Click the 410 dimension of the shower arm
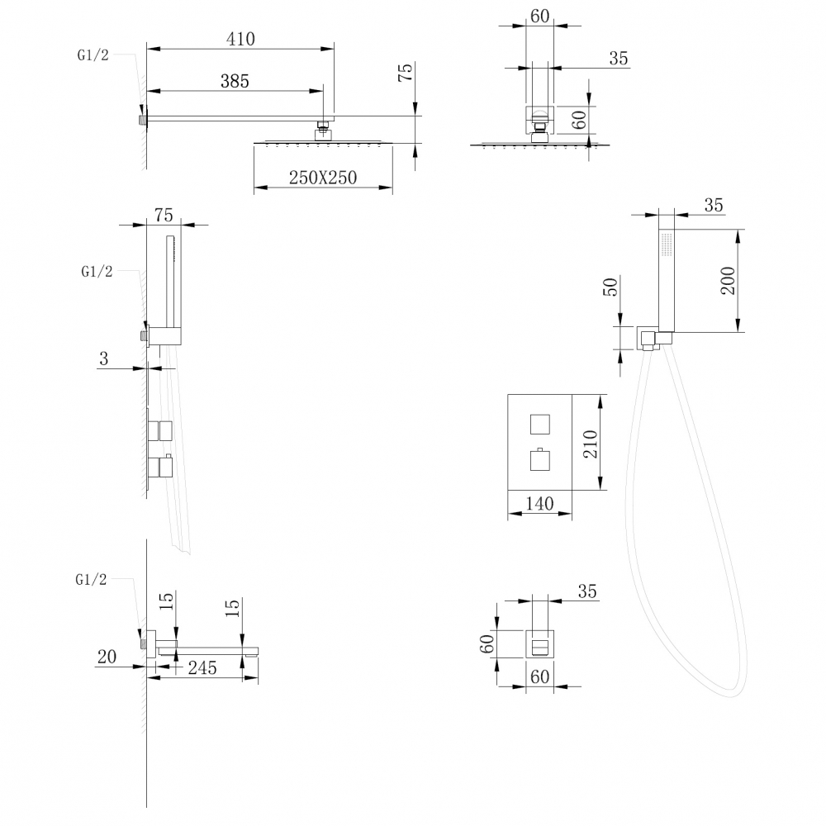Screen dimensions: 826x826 [x=240, y=39]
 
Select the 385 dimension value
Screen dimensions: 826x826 [x=235, y=81]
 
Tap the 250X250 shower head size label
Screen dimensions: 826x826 [x=323, y=177]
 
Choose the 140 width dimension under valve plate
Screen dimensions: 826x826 [x=539, y=503]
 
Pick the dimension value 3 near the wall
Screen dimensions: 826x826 [x=103, y=358]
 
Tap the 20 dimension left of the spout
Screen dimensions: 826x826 [x=106, y=657]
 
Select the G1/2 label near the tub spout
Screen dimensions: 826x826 [x=91, y=580]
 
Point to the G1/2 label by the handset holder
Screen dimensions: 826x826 [x=97, y=272]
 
